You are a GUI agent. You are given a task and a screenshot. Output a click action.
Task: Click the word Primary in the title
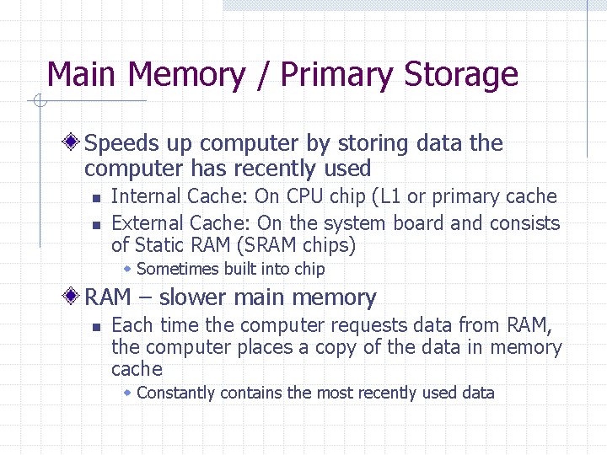(x=334, y=75)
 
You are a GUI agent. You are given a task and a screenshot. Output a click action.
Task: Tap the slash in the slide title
(x=261, y=75)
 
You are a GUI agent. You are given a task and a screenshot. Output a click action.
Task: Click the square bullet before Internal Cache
(x=96, y=198)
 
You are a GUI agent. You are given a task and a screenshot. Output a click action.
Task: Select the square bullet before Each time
(x=96, y=326)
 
